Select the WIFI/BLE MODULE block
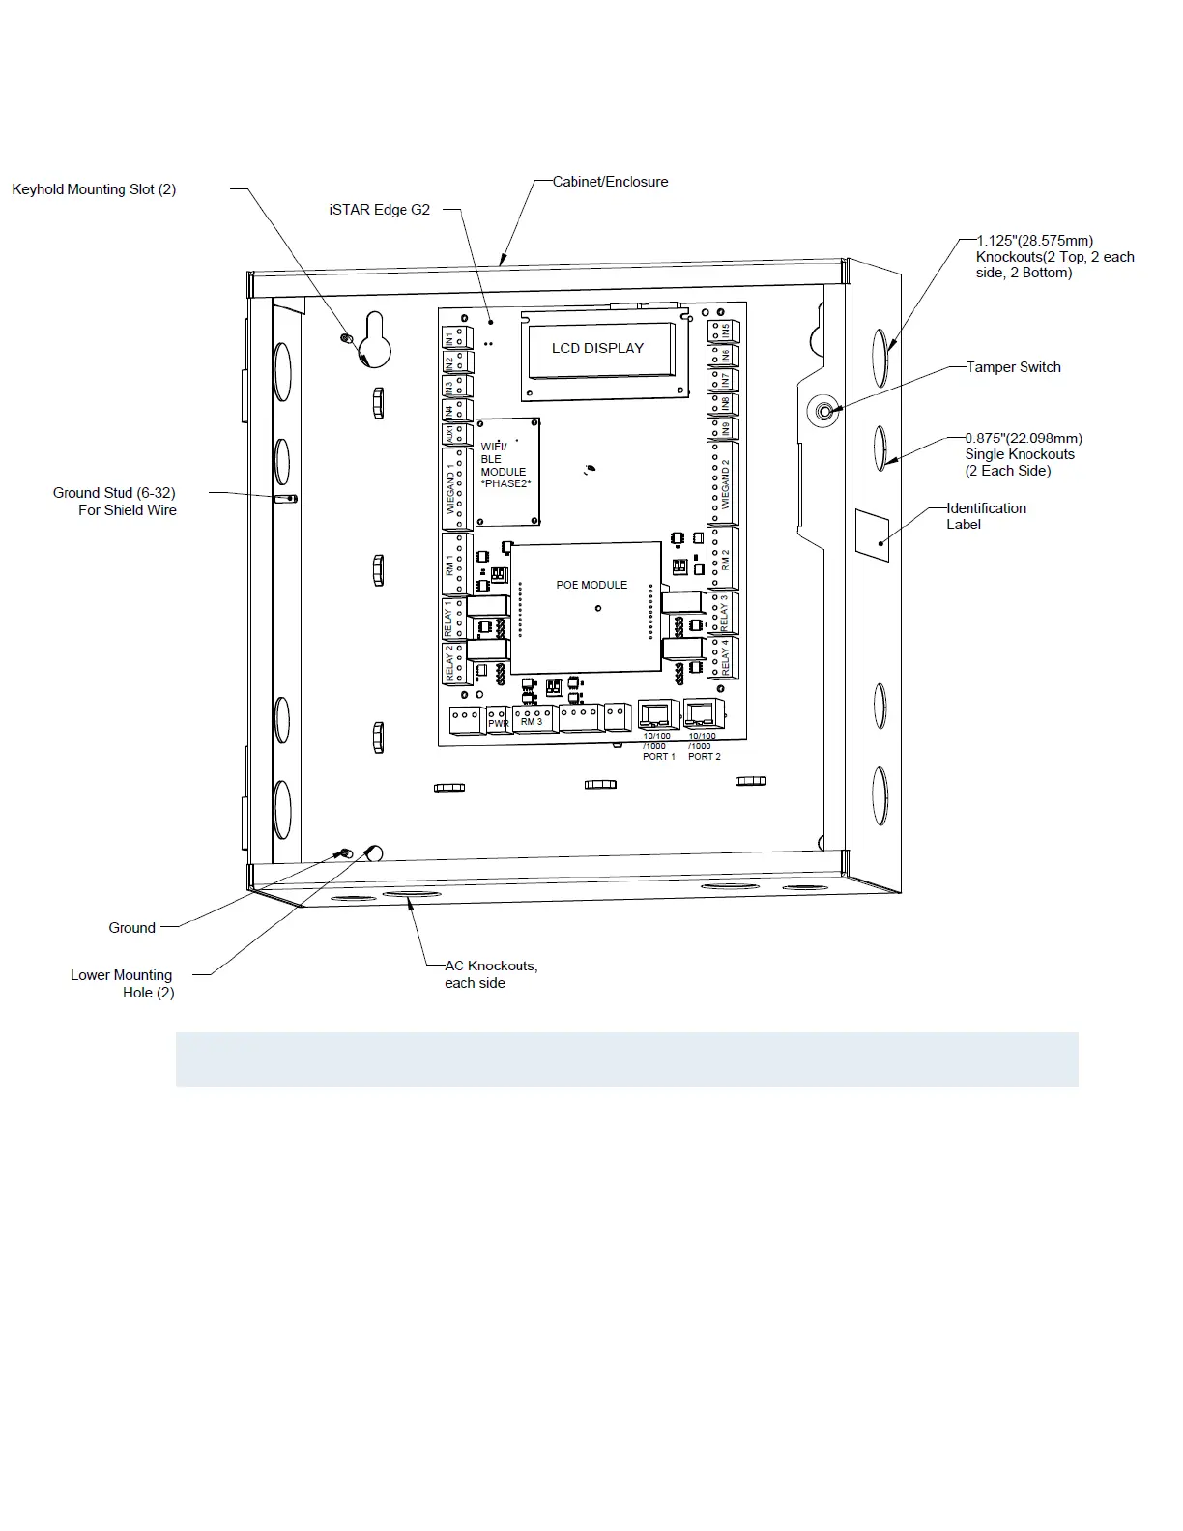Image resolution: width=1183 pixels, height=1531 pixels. pos(507,472)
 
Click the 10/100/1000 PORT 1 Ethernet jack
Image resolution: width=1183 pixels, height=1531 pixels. pos(658,715)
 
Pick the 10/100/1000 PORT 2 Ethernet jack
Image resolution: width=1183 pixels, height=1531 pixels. pos(703,714)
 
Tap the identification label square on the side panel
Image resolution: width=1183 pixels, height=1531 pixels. pos(872,534)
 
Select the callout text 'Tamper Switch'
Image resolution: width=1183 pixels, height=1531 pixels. pos(1014,367)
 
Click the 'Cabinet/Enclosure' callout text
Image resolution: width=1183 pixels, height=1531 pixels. pos(610,182)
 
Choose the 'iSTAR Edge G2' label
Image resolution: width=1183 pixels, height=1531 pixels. pos(379,210)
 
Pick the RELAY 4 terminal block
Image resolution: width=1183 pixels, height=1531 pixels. pos(723,658)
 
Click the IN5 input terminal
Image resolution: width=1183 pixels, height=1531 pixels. pos(723,331)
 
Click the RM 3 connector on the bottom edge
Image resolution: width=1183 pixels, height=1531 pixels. pos(533,719)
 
